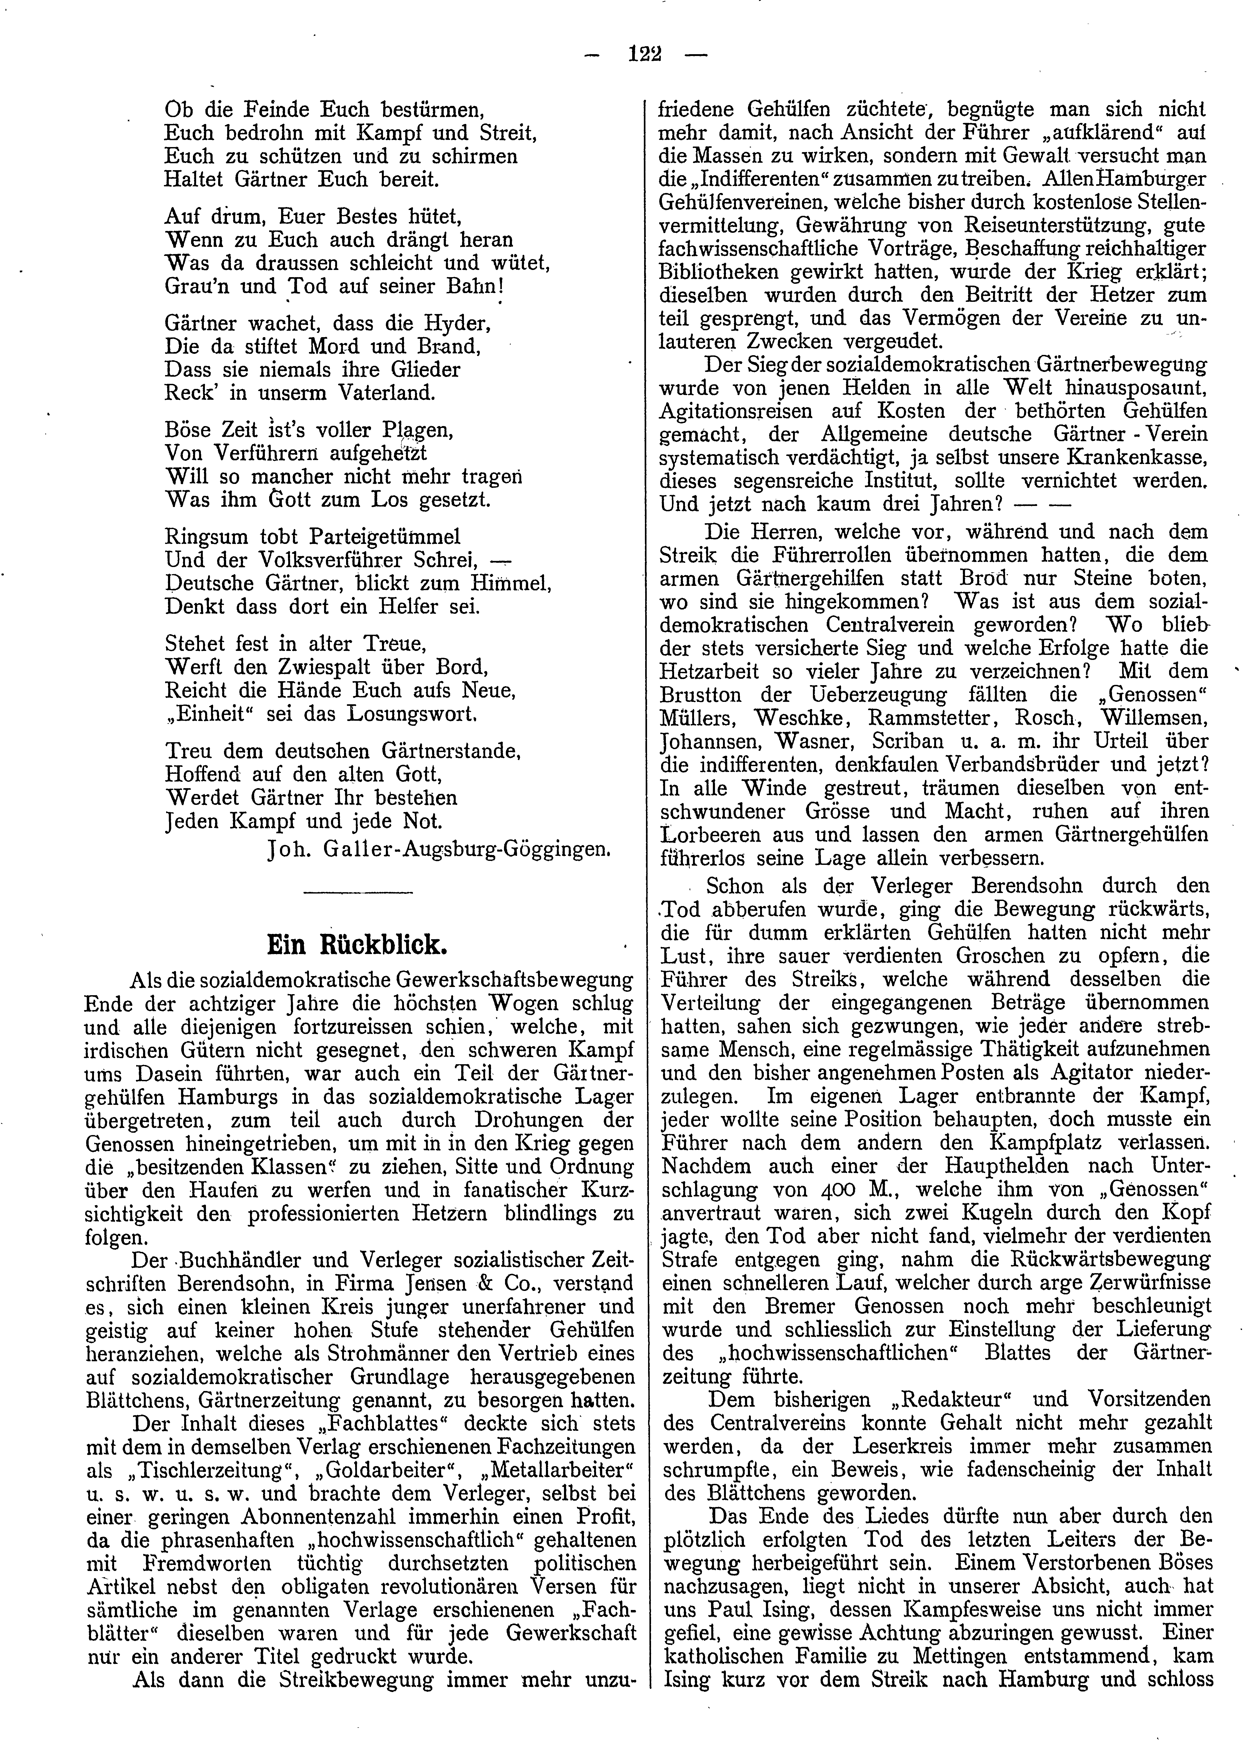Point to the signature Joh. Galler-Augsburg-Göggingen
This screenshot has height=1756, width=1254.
(x=439, y=850)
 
